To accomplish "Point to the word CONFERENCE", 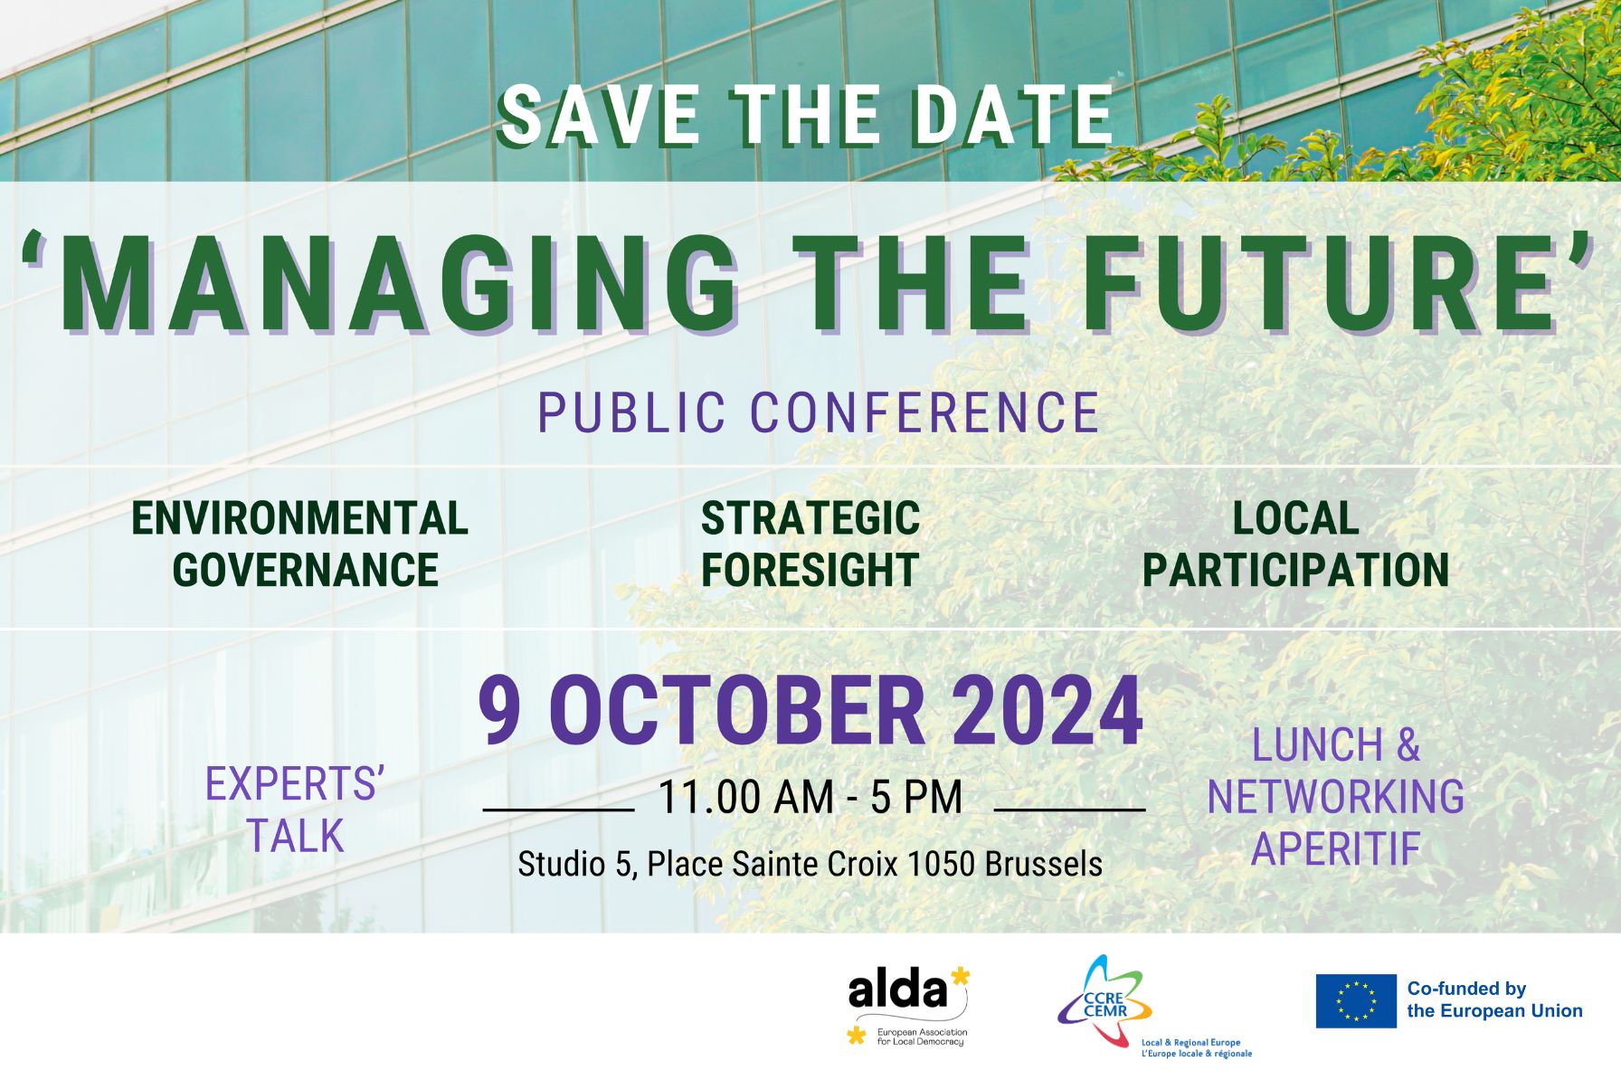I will [x=924, y=412].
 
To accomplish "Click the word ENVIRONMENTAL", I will [x=299, y=518].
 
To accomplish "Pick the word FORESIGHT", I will [x=810, y=570].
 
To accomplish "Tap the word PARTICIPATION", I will [x=1295, y=570].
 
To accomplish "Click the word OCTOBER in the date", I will [x=736, y=712].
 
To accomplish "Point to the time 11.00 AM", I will [x=745, y=798].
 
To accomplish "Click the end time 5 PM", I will [x=916, y=798].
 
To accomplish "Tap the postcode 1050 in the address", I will [x=941, y=864].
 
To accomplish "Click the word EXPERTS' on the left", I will [x=295, y=784].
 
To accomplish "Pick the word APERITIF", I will [x=1335, y=848].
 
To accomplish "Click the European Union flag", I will [x=1355, y=1000].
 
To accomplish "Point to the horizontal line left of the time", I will [x=558, y=810].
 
